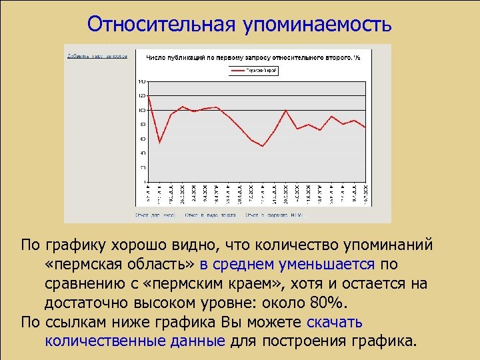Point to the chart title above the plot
click(253, 57)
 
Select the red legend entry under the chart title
click(253, 69)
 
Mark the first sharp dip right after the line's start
click(159, 142)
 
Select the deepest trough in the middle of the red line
click(263, 146)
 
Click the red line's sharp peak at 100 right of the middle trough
click(286, 110)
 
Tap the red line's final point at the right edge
click(365, 127)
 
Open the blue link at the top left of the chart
click(97, 56)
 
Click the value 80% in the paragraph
click(329, 303)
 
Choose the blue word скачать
click(335, 323)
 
